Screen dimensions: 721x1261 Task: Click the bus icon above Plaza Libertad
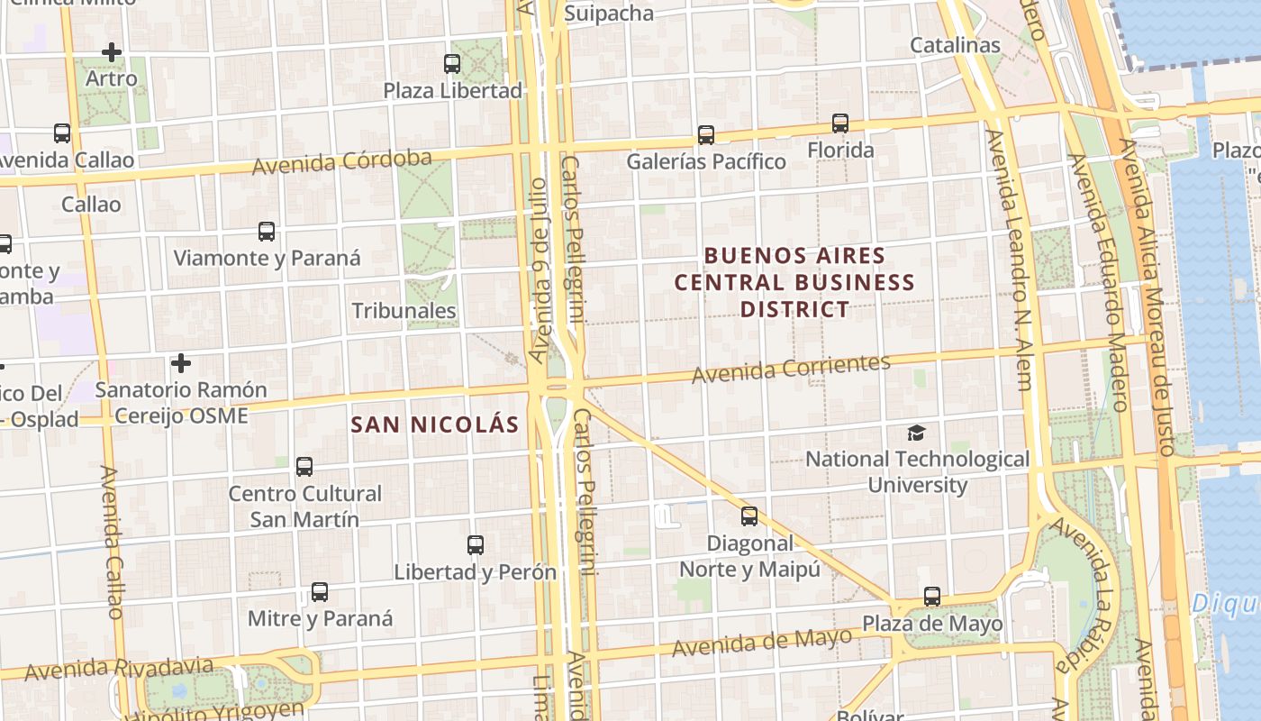[452, 64]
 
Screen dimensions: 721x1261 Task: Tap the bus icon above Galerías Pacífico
[706, 135]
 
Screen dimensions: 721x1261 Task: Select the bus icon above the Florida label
[840, 123]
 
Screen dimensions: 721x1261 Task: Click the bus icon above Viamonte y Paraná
[267, 232]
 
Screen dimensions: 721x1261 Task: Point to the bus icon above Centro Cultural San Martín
[304, 467]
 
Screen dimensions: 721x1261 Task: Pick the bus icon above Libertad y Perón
[476, 545]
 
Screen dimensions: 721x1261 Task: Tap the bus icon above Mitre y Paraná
[320, 592]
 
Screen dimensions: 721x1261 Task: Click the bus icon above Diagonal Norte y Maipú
[749, 516]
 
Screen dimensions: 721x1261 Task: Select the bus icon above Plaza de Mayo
[932, 597]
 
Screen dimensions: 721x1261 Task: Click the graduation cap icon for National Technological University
[916, 433]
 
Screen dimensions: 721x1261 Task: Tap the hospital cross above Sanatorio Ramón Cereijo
[181, 363]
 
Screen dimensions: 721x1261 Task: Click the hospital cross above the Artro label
[112, 52]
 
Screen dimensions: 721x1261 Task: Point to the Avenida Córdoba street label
[342, 162]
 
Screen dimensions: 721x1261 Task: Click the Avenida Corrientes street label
[791, 367]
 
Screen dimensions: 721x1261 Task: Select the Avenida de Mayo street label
[762, 642]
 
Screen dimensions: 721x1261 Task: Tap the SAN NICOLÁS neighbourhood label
[435, 424]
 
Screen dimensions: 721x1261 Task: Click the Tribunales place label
[404, 311]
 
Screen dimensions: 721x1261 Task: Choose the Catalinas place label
[955, 45]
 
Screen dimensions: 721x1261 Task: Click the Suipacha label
[609, 13]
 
